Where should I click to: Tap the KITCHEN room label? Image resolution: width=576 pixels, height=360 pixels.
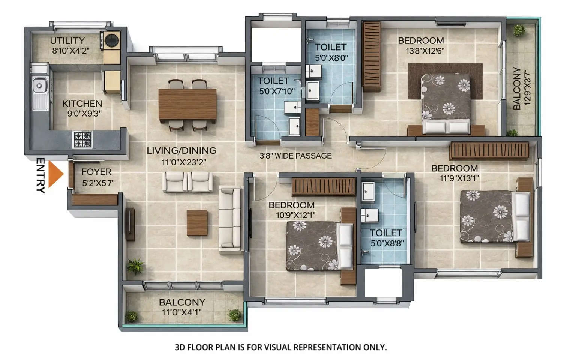82,103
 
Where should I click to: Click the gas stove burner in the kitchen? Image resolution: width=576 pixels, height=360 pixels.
82,139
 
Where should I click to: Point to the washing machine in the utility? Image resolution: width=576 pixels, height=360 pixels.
111,40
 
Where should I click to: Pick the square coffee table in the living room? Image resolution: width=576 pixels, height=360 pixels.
197,222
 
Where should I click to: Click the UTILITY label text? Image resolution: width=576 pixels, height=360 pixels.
67,40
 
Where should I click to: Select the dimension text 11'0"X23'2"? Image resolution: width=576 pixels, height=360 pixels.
184,162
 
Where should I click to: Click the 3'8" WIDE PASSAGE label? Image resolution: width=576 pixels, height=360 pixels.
295,156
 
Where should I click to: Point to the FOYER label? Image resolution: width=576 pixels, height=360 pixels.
96,172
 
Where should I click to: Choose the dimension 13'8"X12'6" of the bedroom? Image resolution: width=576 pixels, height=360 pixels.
425,51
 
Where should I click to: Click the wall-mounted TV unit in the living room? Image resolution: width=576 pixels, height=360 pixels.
130,224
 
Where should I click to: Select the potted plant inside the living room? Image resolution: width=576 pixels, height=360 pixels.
135,266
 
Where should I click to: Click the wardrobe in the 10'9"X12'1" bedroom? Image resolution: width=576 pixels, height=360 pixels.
324,187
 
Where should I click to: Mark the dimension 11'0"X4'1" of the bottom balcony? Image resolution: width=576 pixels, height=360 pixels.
181,312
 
